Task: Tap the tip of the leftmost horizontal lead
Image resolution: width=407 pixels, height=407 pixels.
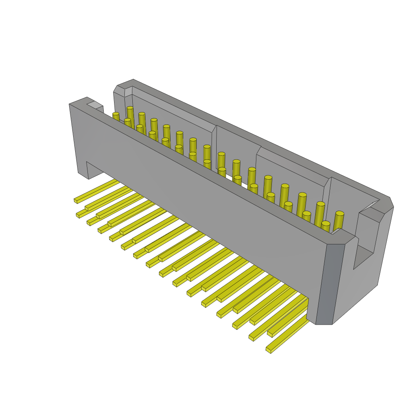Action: (x=76, y=201)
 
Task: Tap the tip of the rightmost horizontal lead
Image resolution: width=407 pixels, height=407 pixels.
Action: (x=269, y=350)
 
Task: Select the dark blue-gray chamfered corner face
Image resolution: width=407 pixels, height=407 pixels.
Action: (x=325, y=284)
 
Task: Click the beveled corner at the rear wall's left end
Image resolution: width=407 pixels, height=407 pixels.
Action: (x=119, y=91)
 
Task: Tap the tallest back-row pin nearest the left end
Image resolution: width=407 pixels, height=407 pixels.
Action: (x=130, y=115)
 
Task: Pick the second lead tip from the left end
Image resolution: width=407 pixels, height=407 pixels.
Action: (x=78, y=215)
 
